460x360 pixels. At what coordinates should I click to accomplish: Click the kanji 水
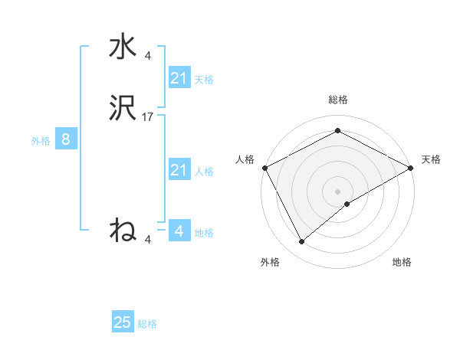click(x=123, y=47)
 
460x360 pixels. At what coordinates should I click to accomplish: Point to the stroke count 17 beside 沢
click(x=148, y=117)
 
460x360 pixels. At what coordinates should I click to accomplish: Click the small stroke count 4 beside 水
click(x=148, y=55)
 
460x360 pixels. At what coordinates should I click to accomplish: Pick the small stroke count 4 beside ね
click(x=148, y=239)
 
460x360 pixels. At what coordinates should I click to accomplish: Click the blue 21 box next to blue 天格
click(x=179, y=78)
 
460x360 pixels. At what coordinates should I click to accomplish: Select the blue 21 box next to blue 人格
click(x=179, y=170)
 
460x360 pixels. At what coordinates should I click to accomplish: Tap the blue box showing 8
click(x=66, y=139)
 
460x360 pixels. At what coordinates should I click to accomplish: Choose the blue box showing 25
click(x=123, y=322)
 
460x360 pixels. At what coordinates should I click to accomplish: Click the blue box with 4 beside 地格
click(x=179, y=231)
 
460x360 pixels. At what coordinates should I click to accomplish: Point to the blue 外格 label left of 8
click(x=41, y=140)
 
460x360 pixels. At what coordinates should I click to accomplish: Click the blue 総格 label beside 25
click(x=147, y=324)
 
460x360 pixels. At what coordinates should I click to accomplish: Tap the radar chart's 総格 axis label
click(x=337, y=100)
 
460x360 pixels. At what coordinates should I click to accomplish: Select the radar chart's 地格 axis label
click(x=402, y=262)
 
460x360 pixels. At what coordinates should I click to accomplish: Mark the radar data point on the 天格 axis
click(x=411, y=168)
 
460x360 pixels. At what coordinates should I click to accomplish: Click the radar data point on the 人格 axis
click(x=264, y=168)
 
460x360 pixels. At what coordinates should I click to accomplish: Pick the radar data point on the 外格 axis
click(x=302, y=242)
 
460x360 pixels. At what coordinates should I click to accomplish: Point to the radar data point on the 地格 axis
click(x=347, y=204)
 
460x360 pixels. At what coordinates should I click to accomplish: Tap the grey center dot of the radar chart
click(x=337, y=191)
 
